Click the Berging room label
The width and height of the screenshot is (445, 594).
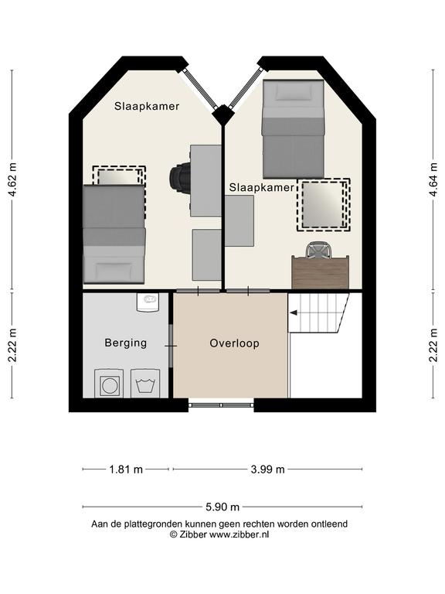(x=126, y=343)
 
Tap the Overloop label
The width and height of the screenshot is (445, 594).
(x=235, y=343)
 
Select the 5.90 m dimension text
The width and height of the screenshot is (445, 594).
(x=222, y=507)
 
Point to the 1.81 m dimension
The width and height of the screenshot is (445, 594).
(x=126, y=469)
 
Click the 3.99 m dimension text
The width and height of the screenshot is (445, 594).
(x=267, y=469)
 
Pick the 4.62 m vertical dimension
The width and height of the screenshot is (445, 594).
(x=13, y=179)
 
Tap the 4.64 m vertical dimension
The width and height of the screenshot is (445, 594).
(x=433, y=179)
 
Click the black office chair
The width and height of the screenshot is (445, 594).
(x=181, y=178)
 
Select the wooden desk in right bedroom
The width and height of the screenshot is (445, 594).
(x=321, y=272)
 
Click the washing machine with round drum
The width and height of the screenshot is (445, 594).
(x=109, y=384)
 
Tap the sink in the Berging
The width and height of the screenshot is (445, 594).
(x=148, y=302)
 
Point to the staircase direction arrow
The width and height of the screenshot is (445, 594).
(x=294, y=312)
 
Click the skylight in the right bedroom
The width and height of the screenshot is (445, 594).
(x=324, y=205)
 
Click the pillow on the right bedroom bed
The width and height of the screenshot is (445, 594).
(x=294, y=91)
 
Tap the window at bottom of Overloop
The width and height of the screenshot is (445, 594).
(x=221, y=405)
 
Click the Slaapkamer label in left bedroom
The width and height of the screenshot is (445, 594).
(x=147, y=106)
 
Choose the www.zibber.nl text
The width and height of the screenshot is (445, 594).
(x=239, y=534)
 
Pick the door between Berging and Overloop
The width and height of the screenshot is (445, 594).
(x=171, y=346)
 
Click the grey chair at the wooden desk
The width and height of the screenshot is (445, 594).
(x=319, y=251)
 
